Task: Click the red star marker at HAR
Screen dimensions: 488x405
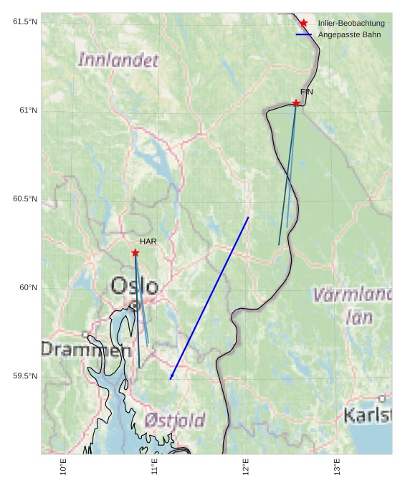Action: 135,252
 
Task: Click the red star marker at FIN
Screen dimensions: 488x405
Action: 295,103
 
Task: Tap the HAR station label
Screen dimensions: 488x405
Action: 148,241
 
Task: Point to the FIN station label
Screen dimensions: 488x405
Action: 307,92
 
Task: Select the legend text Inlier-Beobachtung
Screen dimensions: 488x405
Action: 351,24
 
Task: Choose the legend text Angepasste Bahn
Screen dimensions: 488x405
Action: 349,34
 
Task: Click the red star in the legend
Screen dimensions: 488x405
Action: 304,23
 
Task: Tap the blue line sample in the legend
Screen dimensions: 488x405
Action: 304,34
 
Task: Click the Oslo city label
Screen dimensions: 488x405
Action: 134,287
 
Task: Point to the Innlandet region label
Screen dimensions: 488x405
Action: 118,60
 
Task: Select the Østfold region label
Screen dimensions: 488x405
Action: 174,420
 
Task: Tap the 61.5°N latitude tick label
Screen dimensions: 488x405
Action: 25,21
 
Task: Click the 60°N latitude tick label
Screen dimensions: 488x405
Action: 28,287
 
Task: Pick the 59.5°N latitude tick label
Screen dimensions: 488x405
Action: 25,376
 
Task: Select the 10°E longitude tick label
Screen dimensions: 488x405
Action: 64,467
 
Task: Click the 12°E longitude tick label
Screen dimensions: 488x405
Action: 247,467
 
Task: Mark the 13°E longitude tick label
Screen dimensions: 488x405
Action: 338,467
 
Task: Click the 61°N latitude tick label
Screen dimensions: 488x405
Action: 28,110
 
